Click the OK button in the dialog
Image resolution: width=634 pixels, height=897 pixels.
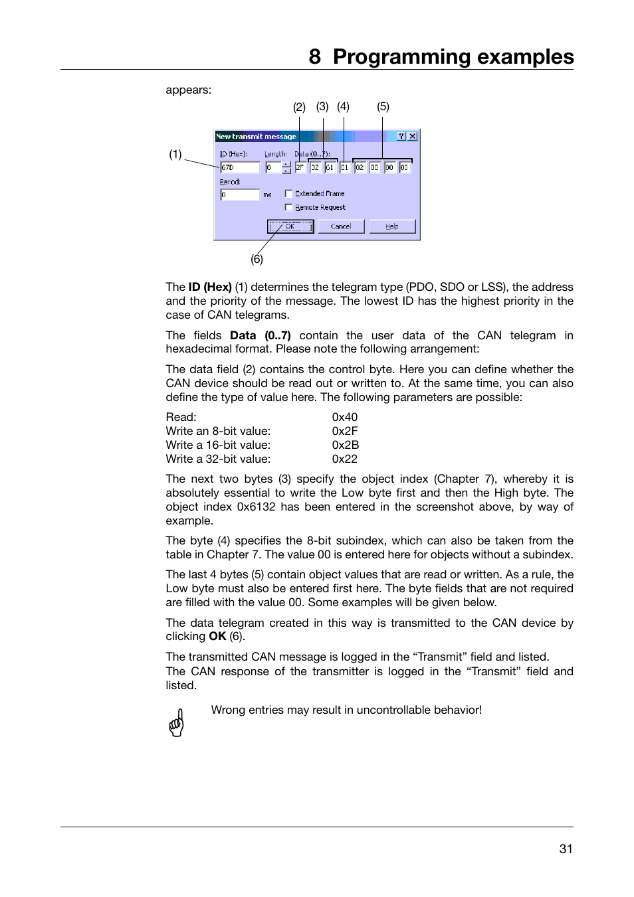click(x=290, y=226)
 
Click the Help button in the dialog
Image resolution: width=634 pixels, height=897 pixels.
click(x=392, y=226)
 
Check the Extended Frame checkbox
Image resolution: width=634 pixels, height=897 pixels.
click(x=288, y=194)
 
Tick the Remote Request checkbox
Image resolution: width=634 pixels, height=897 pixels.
click(x=288, y=207)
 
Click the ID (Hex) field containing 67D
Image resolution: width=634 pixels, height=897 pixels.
click(x=239, y=167)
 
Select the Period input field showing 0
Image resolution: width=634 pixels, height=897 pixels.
click(x=239, y=195)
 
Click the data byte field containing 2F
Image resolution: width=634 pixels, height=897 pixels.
click(x=300, y=167)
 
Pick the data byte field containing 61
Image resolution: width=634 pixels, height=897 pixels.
click(x=330, y=167)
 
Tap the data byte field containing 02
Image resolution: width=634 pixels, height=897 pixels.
click(x=360, y=167)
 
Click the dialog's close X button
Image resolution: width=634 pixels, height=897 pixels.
click(x=413, y=136)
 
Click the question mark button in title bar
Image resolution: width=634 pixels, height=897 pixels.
click(x=401, y=136)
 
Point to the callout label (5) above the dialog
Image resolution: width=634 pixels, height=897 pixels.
click(x=383, y=106)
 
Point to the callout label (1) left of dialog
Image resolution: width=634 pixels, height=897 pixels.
click(x=175, y=154)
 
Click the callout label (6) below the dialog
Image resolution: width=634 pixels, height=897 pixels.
click(x=257, y=259)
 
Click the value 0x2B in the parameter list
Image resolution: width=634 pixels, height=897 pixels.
click(x=345, y=445)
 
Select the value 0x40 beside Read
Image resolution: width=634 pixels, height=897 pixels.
click(x=344, y=417)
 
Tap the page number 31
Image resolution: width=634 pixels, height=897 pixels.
click(x=566, y=849)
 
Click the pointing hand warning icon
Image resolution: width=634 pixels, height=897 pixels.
click(x=176, y=722)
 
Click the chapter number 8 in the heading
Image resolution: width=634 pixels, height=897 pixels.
click(x=314, y=57)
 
